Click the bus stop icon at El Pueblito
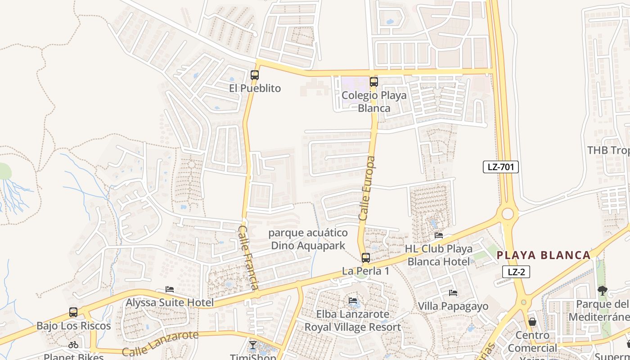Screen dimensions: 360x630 point(255,75)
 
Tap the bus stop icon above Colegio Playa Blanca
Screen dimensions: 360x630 point(373,82)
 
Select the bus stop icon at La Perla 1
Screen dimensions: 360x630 point(366,258)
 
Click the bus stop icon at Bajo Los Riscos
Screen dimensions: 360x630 point(73,312)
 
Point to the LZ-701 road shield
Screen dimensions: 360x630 point(501,167)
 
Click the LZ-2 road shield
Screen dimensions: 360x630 point(516,272)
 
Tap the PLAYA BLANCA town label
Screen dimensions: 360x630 point(544,255)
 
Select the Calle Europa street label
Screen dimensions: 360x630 point(367,188)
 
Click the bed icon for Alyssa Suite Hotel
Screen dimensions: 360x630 point(170,289)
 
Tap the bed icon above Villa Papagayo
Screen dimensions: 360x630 point(453,293)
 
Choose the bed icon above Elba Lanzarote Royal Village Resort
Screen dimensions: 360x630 point(353,300)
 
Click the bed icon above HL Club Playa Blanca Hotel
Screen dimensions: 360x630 point(438,235)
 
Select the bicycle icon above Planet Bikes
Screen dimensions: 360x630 point(73,345)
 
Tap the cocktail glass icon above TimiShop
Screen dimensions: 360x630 point(252,345)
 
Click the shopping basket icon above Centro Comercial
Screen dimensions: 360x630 point(532,322)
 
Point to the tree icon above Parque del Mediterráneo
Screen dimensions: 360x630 point(602,291)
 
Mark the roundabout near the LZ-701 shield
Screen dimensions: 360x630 point(508,213)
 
